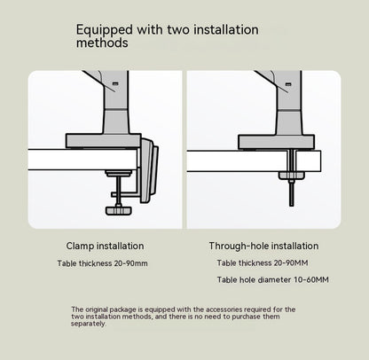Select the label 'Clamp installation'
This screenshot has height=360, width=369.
click(x=105, y=246)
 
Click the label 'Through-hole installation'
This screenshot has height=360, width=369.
click(x=263, y=246)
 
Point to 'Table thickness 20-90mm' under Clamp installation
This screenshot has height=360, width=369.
click(x=104, y=263)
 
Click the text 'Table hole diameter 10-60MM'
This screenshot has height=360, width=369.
click(x=272, y=280)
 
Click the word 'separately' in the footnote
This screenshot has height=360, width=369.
click(x=89, y=324)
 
